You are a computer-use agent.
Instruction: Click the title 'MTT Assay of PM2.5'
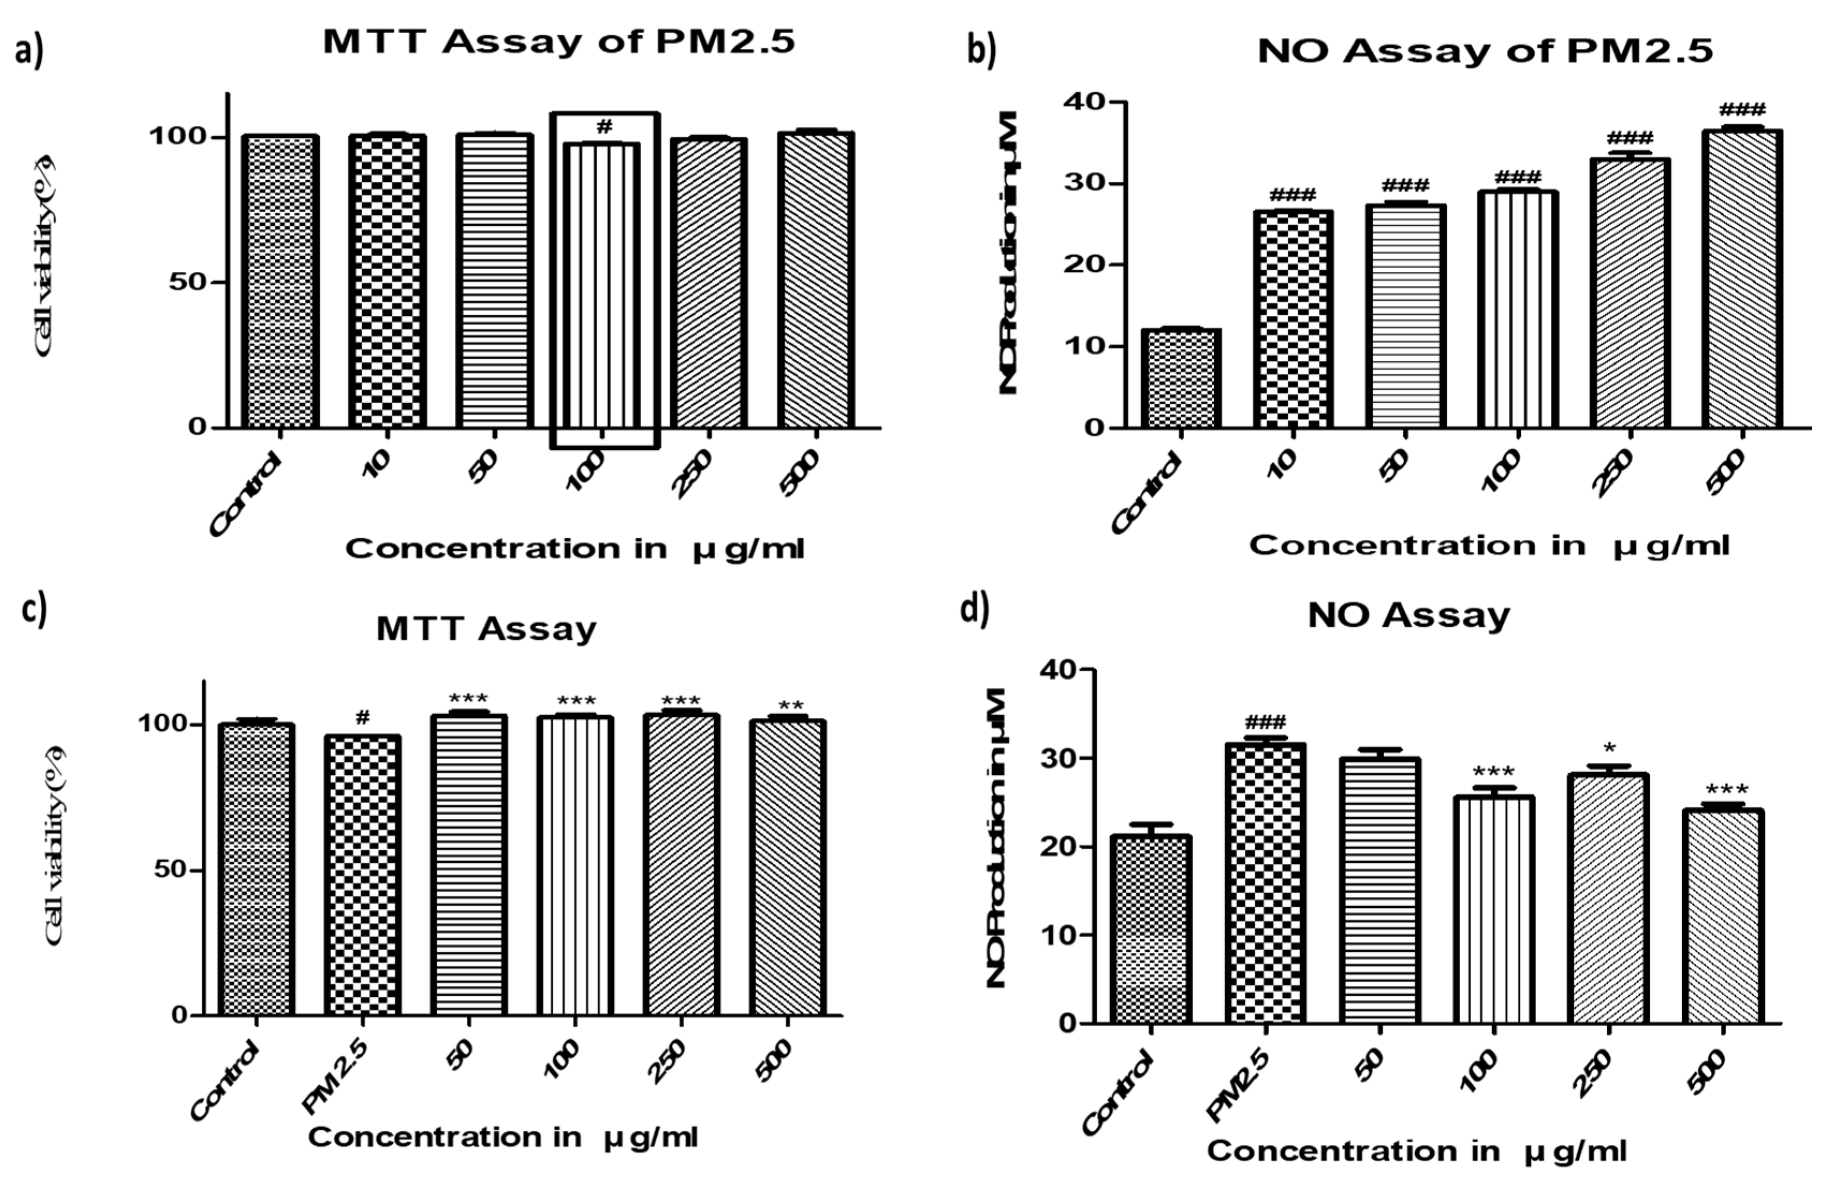559,41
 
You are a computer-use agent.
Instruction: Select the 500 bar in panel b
1742,279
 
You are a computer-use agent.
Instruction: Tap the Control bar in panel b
1181,378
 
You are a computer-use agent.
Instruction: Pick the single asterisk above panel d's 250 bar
1609,748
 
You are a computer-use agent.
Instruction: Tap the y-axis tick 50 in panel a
187,282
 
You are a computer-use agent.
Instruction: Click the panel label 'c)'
34,610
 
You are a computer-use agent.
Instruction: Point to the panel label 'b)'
981,50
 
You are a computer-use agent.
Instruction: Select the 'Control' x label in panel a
244,494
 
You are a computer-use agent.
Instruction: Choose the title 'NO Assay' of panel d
1408,615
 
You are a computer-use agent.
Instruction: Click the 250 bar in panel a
709,283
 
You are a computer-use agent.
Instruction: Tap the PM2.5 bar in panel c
362,875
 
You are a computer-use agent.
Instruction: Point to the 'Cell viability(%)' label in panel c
54,845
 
